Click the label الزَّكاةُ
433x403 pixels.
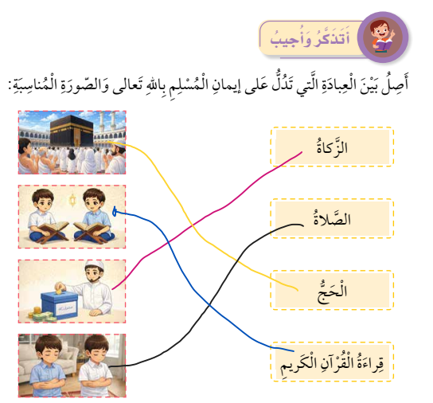pos(332,147)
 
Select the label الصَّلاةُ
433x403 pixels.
pos(332,218)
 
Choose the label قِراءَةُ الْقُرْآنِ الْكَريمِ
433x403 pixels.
pos(332,362)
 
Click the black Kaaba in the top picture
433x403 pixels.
pos(72,131)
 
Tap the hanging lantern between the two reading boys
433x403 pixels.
pos(72,200)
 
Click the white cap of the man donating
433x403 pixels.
pos(95,265)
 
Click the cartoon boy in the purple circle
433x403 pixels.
pos(383,37)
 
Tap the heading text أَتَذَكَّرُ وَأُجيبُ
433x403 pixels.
pos(310,39)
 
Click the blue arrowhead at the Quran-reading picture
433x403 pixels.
pos(115,211)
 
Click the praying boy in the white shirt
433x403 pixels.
pos(96,366)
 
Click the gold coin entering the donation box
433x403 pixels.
pos(59,291)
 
